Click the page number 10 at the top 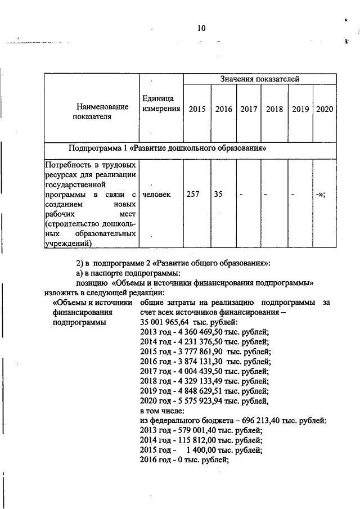(201, 29)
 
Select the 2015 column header (197, 109)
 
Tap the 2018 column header (274, 109)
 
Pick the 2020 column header (325, 109)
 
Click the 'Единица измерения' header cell (161, 103)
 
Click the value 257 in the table (193, 194)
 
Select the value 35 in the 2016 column (218, 194)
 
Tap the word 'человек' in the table (157, 194)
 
